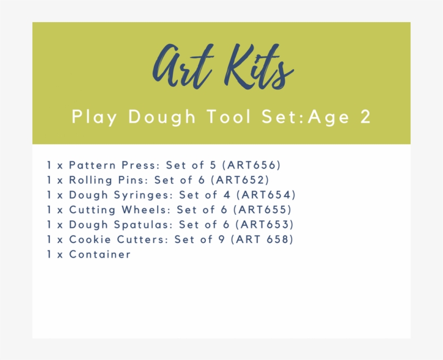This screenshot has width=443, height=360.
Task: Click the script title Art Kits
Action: click(223, 66)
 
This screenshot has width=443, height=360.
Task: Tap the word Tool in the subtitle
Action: click(229, 117)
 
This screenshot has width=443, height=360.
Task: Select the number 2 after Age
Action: click(366, 117)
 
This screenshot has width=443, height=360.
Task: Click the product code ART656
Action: click(251, 165)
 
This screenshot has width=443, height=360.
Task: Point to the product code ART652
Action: click(240, 180)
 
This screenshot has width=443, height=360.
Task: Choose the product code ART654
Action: click(266, 195)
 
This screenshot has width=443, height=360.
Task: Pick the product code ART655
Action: click(263, 210)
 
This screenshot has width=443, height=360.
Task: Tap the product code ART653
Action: click(265, 225)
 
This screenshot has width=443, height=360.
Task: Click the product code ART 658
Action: click(263, 240)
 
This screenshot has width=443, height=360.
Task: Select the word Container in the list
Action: click(100, 254)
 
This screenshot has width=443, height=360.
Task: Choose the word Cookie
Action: click(90, 240)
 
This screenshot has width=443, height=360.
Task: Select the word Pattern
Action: click(92, 165)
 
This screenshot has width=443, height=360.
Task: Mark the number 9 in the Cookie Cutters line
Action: click(222, 240)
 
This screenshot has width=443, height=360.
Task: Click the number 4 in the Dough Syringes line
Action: click(227, 195)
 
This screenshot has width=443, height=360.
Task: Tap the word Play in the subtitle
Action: click(95, 117)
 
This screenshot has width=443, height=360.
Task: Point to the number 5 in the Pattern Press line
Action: click(213, 165)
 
